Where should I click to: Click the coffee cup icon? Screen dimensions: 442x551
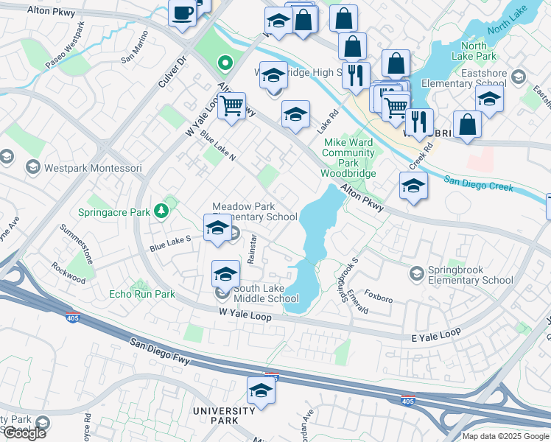coord(182,13)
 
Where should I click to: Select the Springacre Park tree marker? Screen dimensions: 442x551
coord(161,212)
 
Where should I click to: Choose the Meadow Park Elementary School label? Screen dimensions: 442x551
coord(254,212)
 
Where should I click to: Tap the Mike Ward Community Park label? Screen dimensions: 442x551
coord(348,158)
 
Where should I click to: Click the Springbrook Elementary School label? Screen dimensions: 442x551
coord(471,275)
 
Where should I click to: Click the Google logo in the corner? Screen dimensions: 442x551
coord(24,433)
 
